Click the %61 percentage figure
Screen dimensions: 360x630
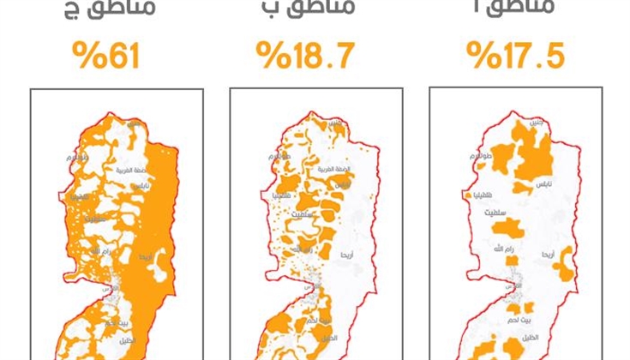[x=105, y=57]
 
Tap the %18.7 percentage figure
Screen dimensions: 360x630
[x=305, y=57]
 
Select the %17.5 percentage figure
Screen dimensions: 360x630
[x=516, y=57]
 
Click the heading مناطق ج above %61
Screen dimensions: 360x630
[x=101, y=10]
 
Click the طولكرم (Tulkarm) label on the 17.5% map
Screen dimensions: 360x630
[x=484, y=159]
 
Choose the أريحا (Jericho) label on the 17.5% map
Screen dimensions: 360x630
[x=549, y=255]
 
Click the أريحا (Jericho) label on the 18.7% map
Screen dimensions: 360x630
[x=348, y=255]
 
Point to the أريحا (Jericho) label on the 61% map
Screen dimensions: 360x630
[x=147, y=256]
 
